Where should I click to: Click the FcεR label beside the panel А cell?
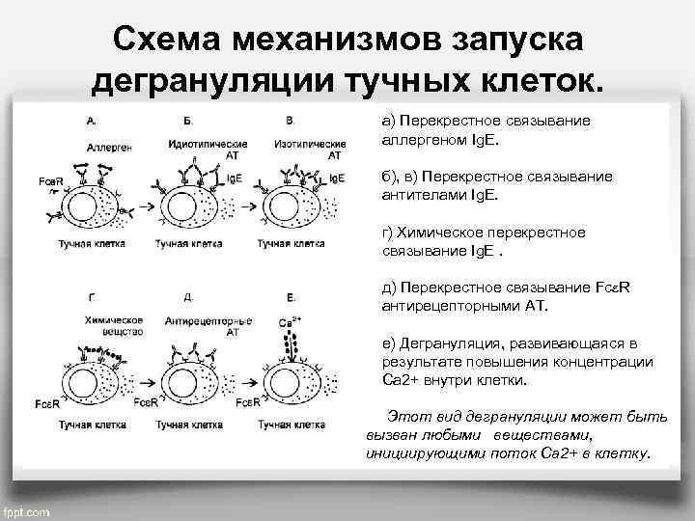(x=50, y=182)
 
